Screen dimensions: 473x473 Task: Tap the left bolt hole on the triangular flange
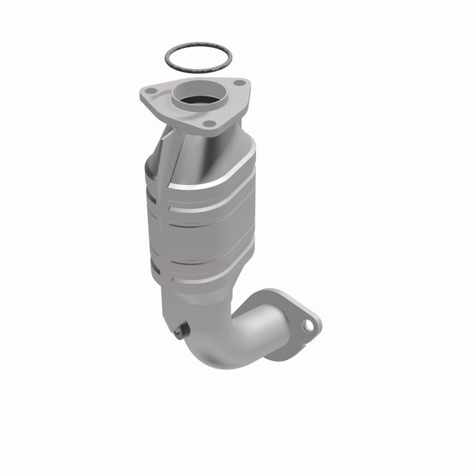coord(152,91)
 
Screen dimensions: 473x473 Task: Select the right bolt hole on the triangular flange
coord(239,83)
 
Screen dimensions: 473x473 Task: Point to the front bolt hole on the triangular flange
coord(209,124)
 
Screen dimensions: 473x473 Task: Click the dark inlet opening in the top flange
coord(201,99)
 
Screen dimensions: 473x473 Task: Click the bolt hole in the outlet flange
coord(308,325)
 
